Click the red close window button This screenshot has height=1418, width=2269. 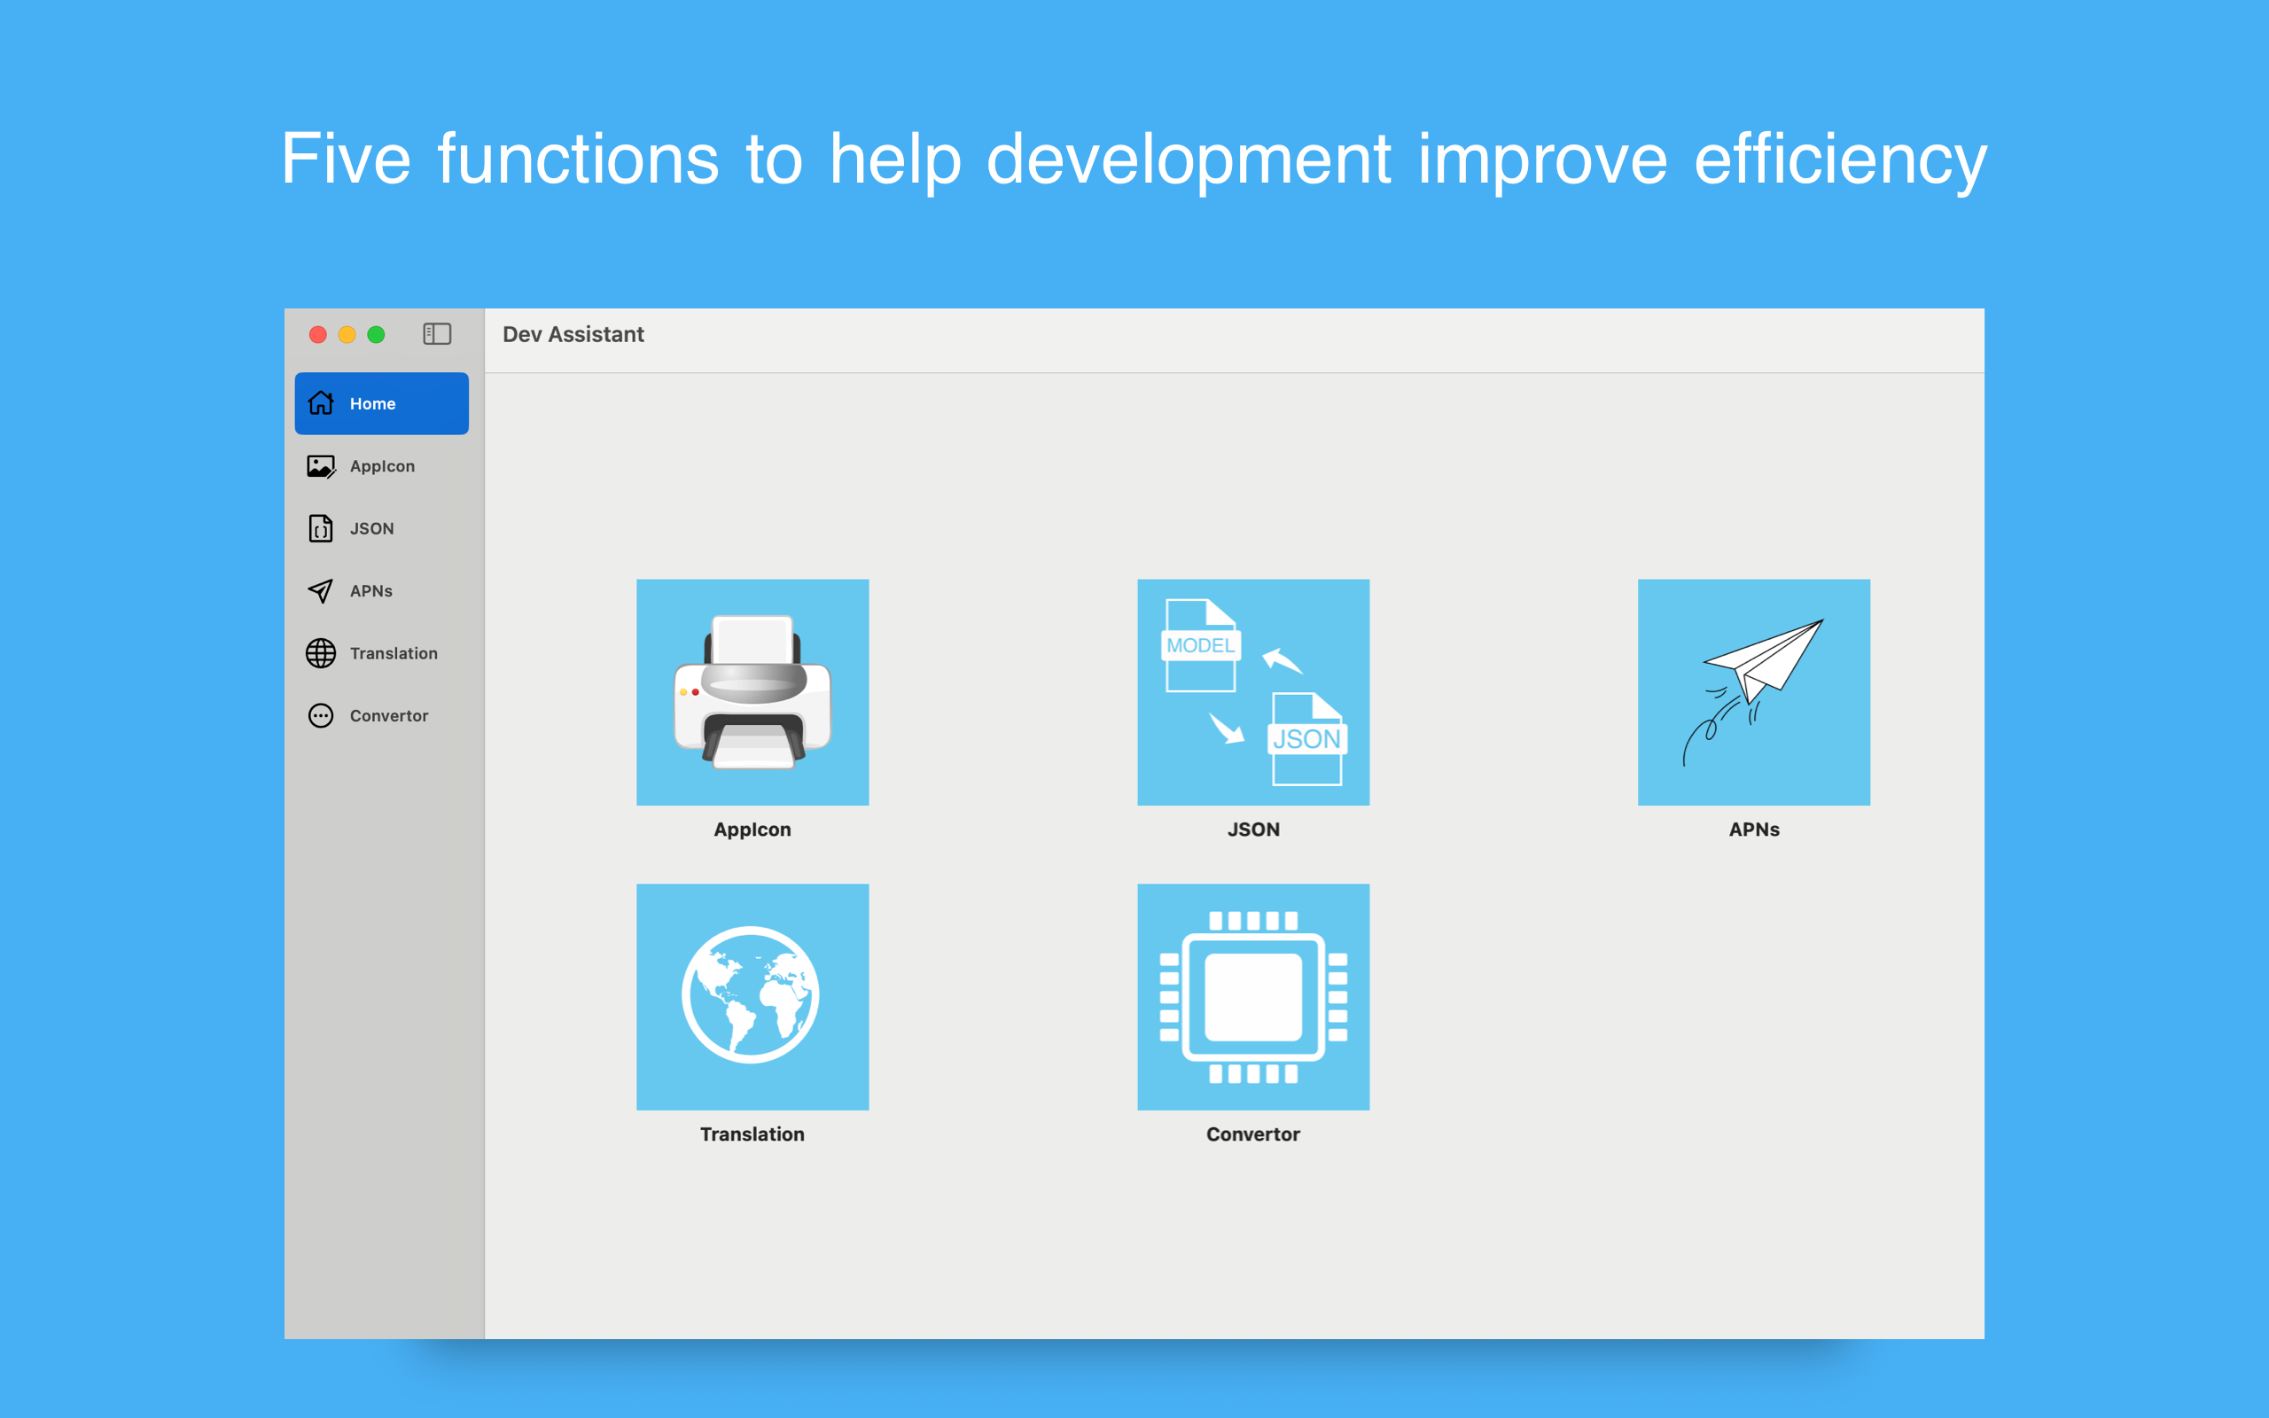(318, 335)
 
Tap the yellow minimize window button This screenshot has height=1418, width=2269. (347, 335)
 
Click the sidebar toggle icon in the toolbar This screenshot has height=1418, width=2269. (437, 334)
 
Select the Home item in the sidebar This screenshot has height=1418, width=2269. (382, 403)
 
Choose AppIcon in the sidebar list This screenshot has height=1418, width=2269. (382, 466)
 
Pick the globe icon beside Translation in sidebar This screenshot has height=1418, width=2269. (321, 654)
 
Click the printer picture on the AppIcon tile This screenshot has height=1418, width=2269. (752, 692)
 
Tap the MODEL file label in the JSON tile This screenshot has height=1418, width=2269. (1201, 645)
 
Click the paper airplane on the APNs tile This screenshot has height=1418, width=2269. (1763, 661)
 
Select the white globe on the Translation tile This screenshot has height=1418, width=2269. (751, 995)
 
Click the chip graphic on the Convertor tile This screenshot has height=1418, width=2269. (1253, 997)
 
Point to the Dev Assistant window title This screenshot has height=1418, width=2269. (573, 335)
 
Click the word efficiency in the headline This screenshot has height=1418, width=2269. (1841, 160)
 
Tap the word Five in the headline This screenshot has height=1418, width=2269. (347, 160)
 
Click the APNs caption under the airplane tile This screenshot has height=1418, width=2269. (1754, 829)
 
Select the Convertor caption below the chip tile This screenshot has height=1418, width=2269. (1253, 1134)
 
